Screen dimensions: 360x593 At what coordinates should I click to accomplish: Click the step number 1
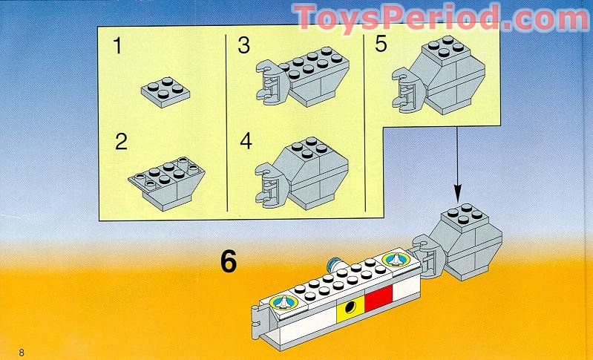[x=117, y=46]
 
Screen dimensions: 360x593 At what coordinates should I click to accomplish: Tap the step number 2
[x=121, y=142]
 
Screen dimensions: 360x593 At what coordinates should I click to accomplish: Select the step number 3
[x=243, y=46]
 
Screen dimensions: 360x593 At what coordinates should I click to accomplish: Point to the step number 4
[x=246, y=142]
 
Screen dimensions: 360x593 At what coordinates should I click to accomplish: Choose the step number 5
[x=381, y=45]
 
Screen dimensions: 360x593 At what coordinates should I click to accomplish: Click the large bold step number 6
[x=228, y=262]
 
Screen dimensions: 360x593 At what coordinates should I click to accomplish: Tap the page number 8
[x=22, y=352]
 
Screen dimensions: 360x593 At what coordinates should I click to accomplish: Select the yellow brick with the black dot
[x=350, y=310]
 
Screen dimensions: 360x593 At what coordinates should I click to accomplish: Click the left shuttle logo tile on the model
[x=282, y=302]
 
